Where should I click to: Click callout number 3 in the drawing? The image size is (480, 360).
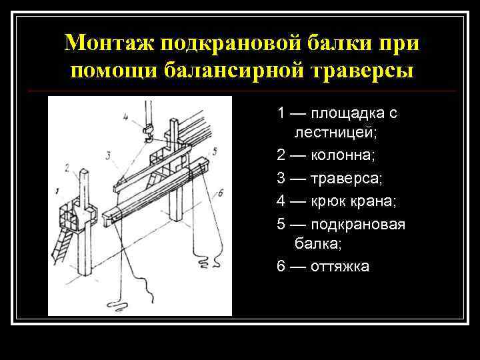109,156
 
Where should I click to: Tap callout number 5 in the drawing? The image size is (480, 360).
214,151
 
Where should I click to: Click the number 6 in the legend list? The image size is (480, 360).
281,267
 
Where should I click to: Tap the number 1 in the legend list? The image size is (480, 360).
281,113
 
